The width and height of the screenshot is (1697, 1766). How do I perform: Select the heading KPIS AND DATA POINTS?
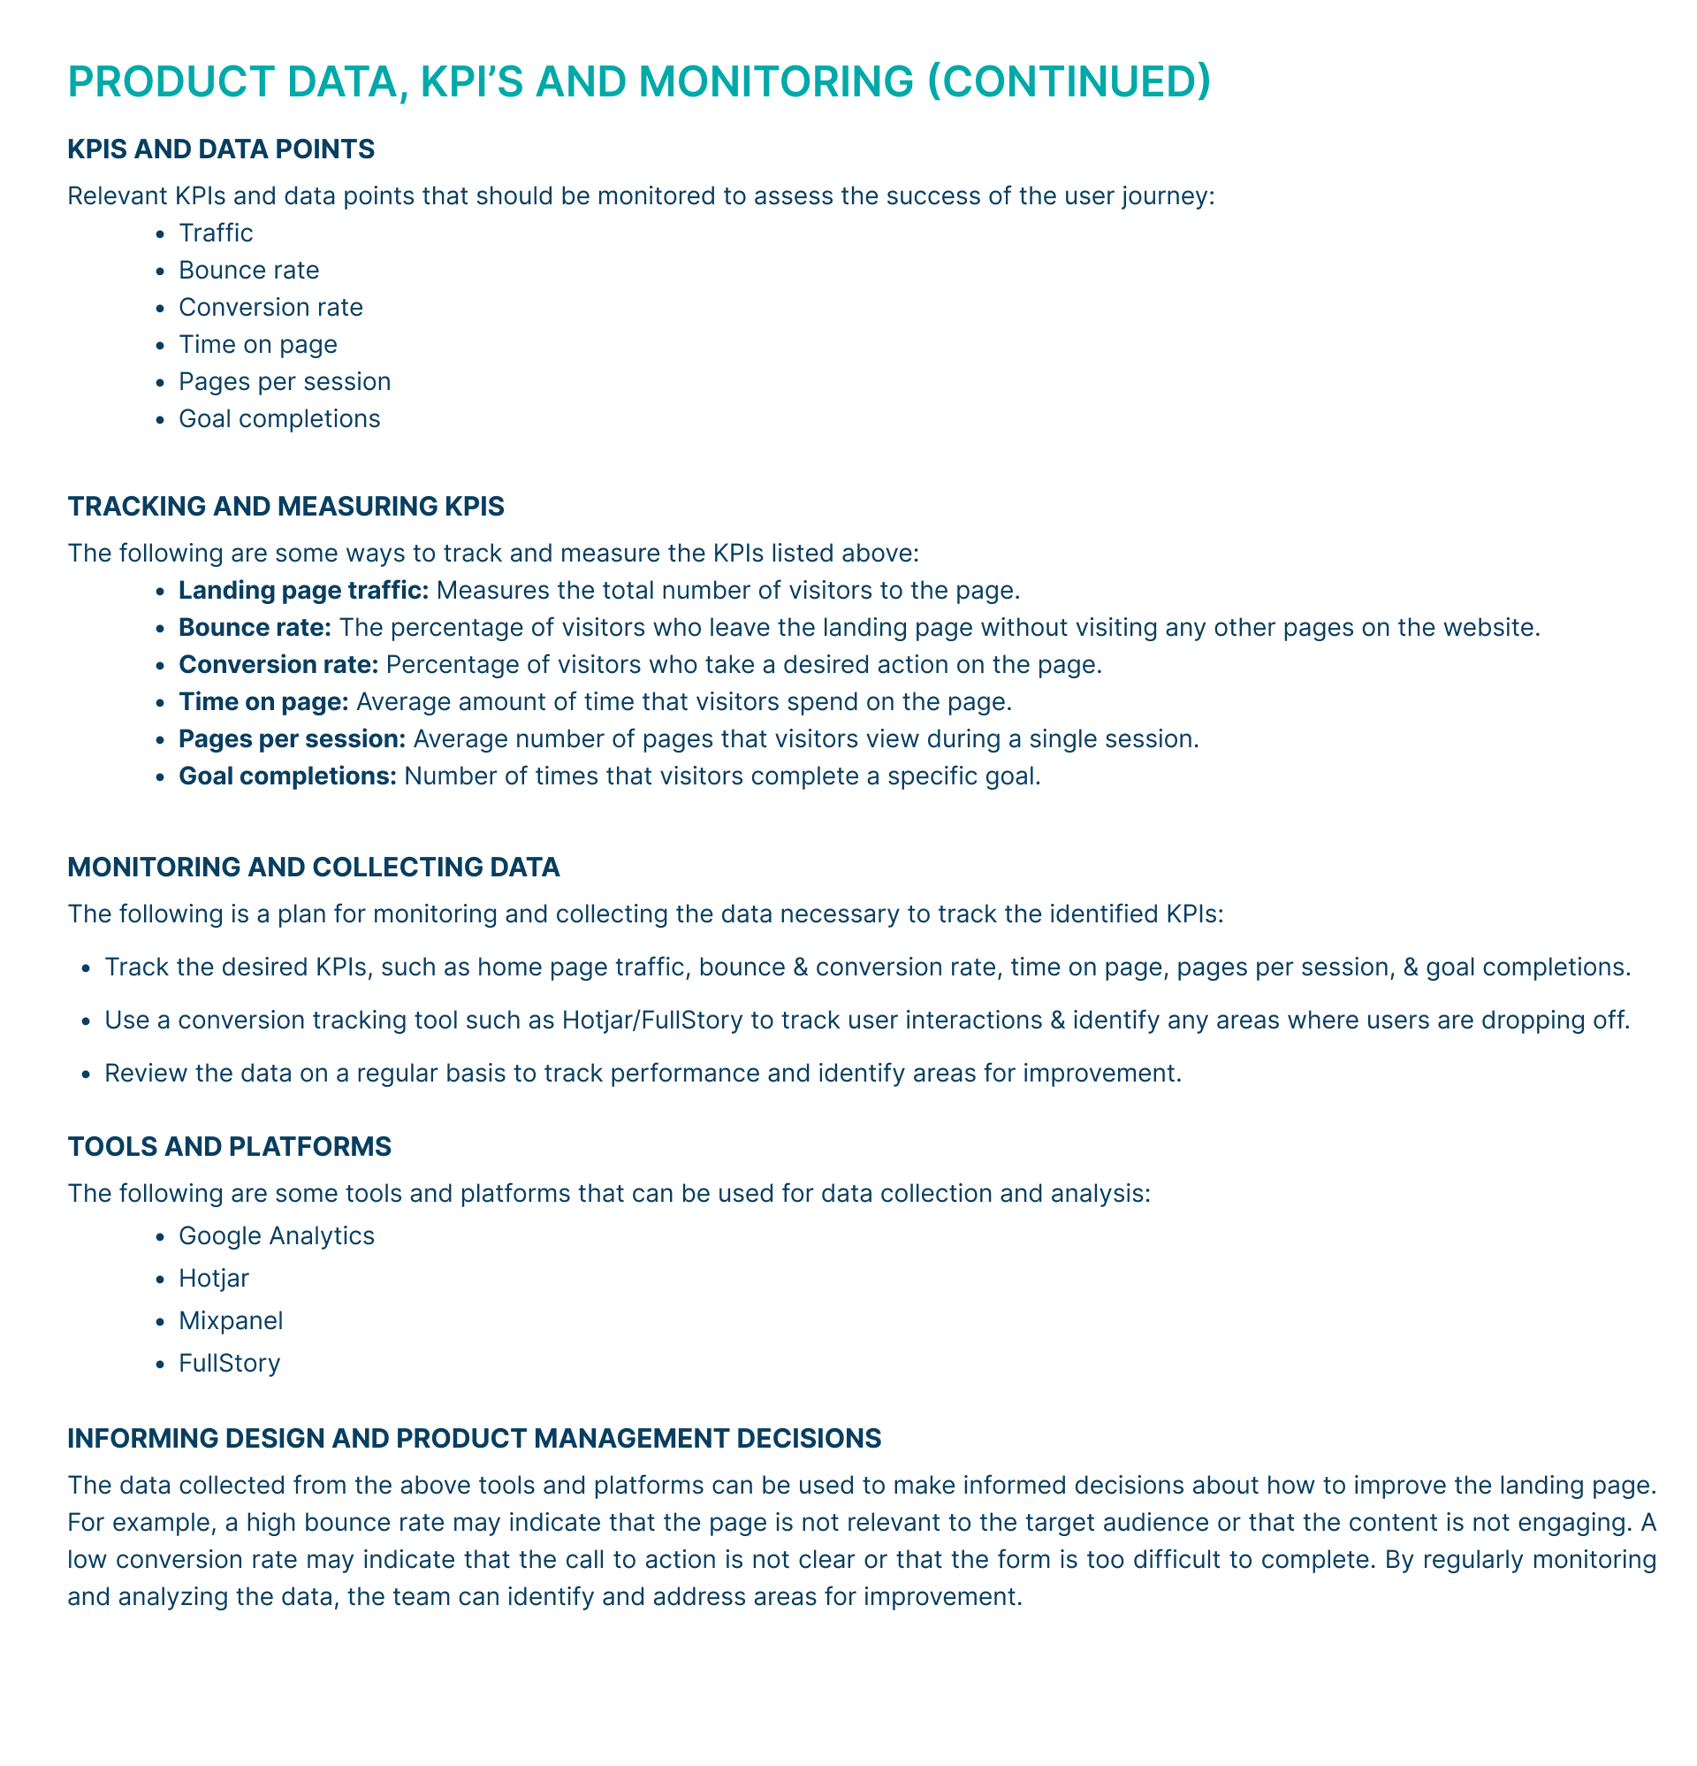tap(221, 149)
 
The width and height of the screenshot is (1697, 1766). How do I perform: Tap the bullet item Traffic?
tap(216, 233)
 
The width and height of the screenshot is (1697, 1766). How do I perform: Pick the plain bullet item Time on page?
tap(257, 344)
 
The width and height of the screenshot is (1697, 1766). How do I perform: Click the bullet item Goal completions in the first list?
tap(279, 419)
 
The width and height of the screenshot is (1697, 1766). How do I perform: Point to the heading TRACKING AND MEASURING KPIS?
tap(285, 507)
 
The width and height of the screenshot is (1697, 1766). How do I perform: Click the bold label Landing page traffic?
tap(303, 590)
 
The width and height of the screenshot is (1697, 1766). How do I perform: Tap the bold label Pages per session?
tap(292, 738)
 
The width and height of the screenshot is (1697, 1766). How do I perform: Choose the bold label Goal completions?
tap(287, 776)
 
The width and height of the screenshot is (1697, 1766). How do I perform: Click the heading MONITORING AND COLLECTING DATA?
tap(314, 868)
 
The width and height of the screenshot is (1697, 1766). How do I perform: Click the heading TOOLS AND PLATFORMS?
tap(229, 1147)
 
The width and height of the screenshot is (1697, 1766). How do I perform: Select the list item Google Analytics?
tap(277, 1235)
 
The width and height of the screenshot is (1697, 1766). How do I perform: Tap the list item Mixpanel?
tap(231, 1321)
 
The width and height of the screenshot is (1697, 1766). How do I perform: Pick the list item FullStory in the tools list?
tap(230, 1364)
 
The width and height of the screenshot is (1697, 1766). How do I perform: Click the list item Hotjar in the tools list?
tap(214, 1278)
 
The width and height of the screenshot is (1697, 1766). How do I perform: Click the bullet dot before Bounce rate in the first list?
tap(160, 271)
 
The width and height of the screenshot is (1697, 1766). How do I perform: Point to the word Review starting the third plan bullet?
tap(141, 1073)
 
